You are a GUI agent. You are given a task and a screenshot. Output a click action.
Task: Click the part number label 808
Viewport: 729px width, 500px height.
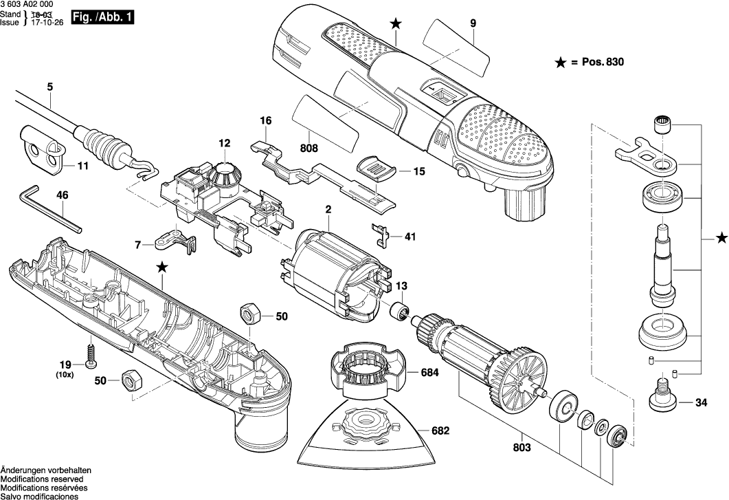click(309, 148)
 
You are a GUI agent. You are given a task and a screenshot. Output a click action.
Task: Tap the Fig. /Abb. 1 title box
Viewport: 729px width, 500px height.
click(103, 16)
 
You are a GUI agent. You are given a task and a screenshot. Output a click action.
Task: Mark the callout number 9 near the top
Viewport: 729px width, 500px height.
click(473, 23)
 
